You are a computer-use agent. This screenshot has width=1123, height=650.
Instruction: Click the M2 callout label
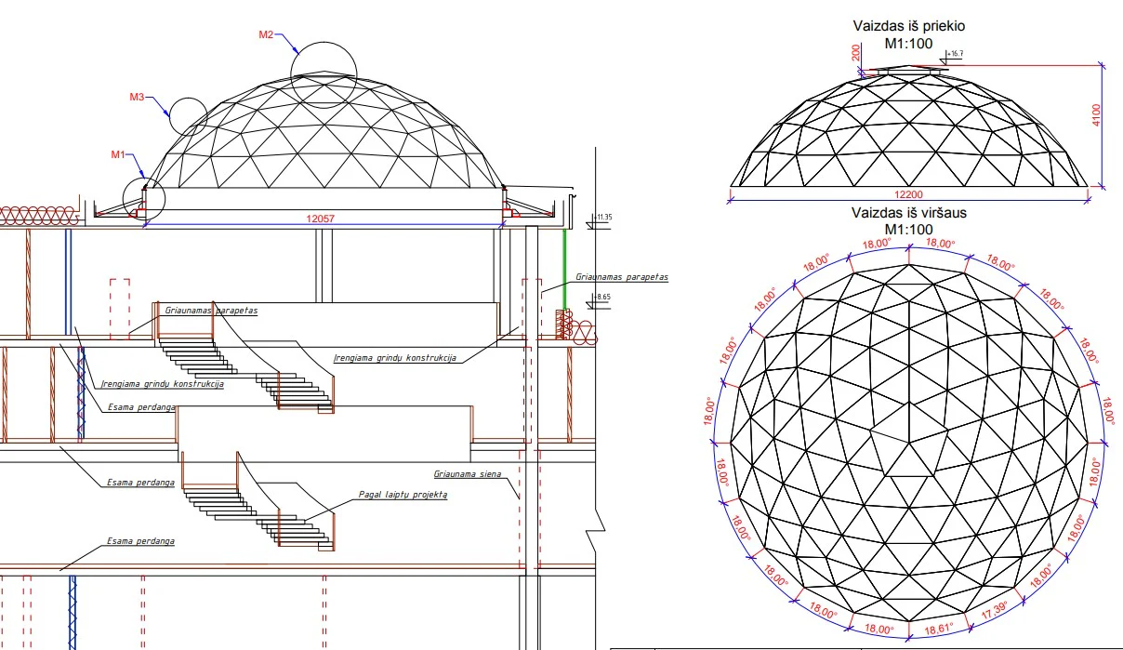[x=265, y=35]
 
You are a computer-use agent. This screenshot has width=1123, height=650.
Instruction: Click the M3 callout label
[x=137, y=96]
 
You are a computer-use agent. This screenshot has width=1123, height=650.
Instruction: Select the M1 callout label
[x=118, y=154]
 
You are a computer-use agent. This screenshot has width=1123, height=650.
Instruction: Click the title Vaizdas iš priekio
[x=908, y=28]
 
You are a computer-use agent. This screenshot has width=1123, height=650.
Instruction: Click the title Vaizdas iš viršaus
[x=908, y=213]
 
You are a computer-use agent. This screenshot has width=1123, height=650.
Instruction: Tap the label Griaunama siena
[x=467, y=473]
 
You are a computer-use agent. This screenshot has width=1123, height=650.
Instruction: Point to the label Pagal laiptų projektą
[x=403, y=495]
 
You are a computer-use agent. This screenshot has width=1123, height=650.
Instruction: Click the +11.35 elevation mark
[x=603, y=218]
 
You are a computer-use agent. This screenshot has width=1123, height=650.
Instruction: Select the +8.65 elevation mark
[x=601, y=297]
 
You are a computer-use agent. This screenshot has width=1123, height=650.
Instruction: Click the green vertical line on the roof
[x=563, y=270]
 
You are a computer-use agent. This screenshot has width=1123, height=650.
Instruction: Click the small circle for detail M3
[x=188, y=116]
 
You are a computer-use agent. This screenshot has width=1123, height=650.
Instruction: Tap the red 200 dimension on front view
[x=856, y=53]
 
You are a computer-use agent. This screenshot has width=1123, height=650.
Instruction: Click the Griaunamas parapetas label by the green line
[x=621, y=276]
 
